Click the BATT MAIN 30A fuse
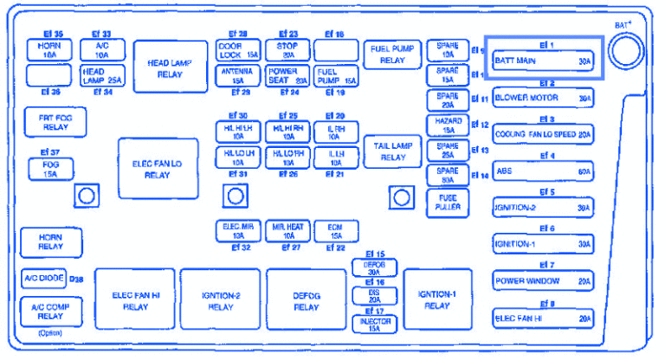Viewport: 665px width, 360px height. (x=543, y=61)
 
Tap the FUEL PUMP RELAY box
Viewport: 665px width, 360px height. (x=393, y=55)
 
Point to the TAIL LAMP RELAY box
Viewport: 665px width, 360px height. (x=393, y=151)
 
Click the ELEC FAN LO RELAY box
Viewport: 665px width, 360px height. (x=158, y=169)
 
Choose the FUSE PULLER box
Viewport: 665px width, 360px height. (x=448, y=202)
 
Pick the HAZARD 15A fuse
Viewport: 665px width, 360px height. (x=448, y=125)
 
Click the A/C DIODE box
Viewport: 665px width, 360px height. (x=43, y=279)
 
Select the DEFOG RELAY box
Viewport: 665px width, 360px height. (x=306, y=300)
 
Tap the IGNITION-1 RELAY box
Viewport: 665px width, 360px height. (x=436, y=299)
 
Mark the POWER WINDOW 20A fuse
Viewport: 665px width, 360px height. (x=543, y=281)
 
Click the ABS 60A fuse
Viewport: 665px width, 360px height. (x=543, y=171)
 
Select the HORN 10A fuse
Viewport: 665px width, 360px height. (x=48, y=48)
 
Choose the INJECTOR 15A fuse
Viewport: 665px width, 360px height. (x=374, y=325)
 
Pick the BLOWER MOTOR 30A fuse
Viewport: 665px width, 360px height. (x=543, y=99)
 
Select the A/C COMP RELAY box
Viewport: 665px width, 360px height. (x=49, y=312)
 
